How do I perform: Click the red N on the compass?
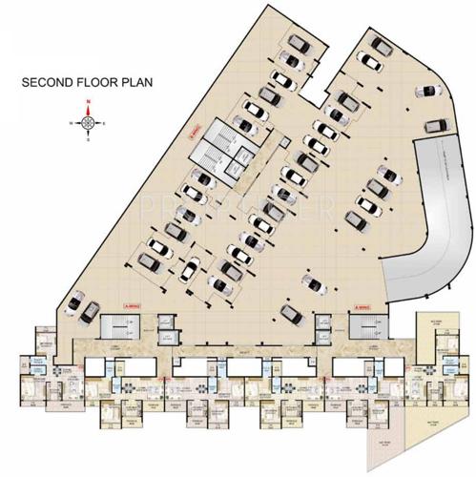tap(88, 101)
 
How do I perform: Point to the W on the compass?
tap(71, 123)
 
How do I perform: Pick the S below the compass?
tap(88, 141)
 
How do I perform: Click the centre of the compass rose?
tap(88, 122)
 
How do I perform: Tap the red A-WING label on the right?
tap(362, 307)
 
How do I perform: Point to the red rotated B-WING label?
tap(190, 138)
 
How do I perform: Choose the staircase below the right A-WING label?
tap(363, 327)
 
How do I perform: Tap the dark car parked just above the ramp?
tap(435, 126)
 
